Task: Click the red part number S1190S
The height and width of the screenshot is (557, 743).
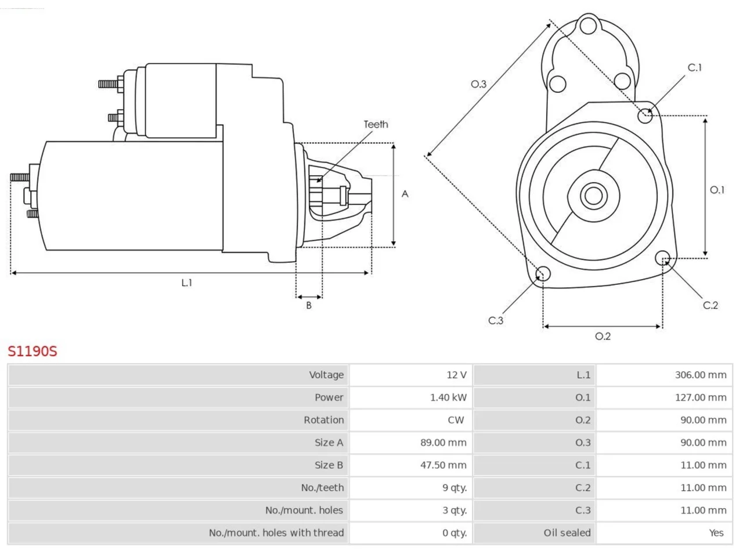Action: [x=33, y=351]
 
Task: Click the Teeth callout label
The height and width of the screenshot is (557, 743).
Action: [x=376, y=124]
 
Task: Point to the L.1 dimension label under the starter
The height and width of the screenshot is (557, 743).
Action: [x=186, y=283]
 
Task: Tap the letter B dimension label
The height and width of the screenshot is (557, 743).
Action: [x=309, y=305]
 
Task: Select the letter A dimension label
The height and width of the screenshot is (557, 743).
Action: [x=405, y=194]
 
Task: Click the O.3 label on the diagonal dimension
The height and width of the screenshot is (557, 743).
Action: [x=479, y=84]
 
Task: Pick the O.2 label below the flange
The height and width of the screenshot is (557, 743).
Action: [x=603, y=336]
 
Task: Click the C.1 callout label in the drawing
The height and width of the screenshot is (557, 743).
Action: [x=695, y=68]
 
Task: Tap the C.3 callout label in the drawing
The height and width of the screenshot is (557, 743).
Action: [x=496, y=320]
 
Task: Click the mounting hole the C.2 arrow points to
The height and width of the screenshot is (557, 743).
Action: [x=662, y=258]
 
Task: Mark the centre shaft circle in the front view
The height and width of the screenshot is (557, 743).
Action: [x=593, y=196]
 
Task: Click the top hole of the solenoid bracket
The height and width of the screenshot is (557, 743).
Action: [x=589, y=26]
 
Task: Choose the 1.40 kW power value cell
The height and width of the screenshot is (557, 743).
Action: [x=448, y=397]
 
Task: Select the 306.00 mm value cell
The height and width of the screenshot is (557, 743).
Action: [x=701, y=375]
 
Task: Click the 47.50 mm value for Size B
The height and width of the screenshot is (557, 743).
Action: [x=443, y=465]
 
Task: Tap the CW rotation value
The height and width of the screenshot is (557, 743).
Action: [x=456, y=420]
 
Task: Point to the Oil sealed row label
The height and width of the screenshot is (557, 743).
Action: [x=567, y=533]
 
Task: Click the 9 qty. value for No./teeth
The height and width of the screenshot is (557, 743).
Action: [x=455, y=488]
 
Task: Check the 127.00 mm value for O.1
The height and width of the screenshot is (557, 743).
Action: [x=701, y=397]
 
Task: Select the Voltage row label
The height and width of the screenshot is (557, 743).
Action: [x=326, y=375]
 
